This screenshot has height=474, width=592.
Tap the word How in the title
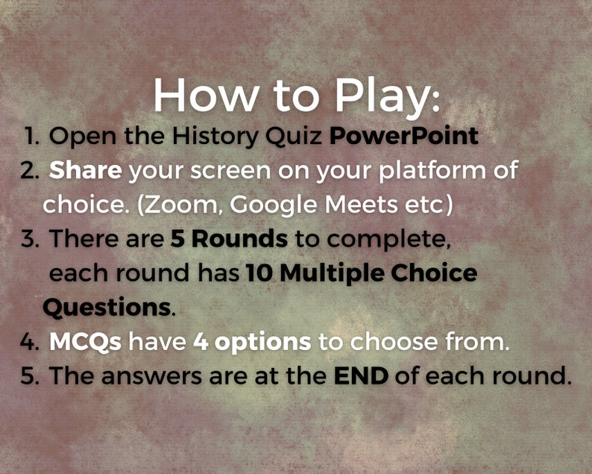pyautogui.click(x=199, y=94)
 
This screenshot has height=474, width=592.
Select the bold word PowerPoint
pyautogui.click(x=403, y=137)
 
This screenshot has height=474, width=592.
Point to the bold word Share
pyautogui.click(x=85, y=170)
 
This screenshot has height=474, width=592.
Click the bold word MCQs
pyautogui.click(x=86, y=342)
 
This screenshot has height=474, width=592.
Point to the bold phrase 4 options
pyautogui.click(x=252, y=342)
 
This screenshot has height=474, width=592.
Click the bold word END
pyautogui.click(x=361, y=375)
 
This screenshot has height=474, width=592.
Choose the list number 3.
pyautogui.click(x=30, y=240)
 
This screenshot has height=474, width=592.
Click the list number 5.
pyautogui.click(x=30, y=375)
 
